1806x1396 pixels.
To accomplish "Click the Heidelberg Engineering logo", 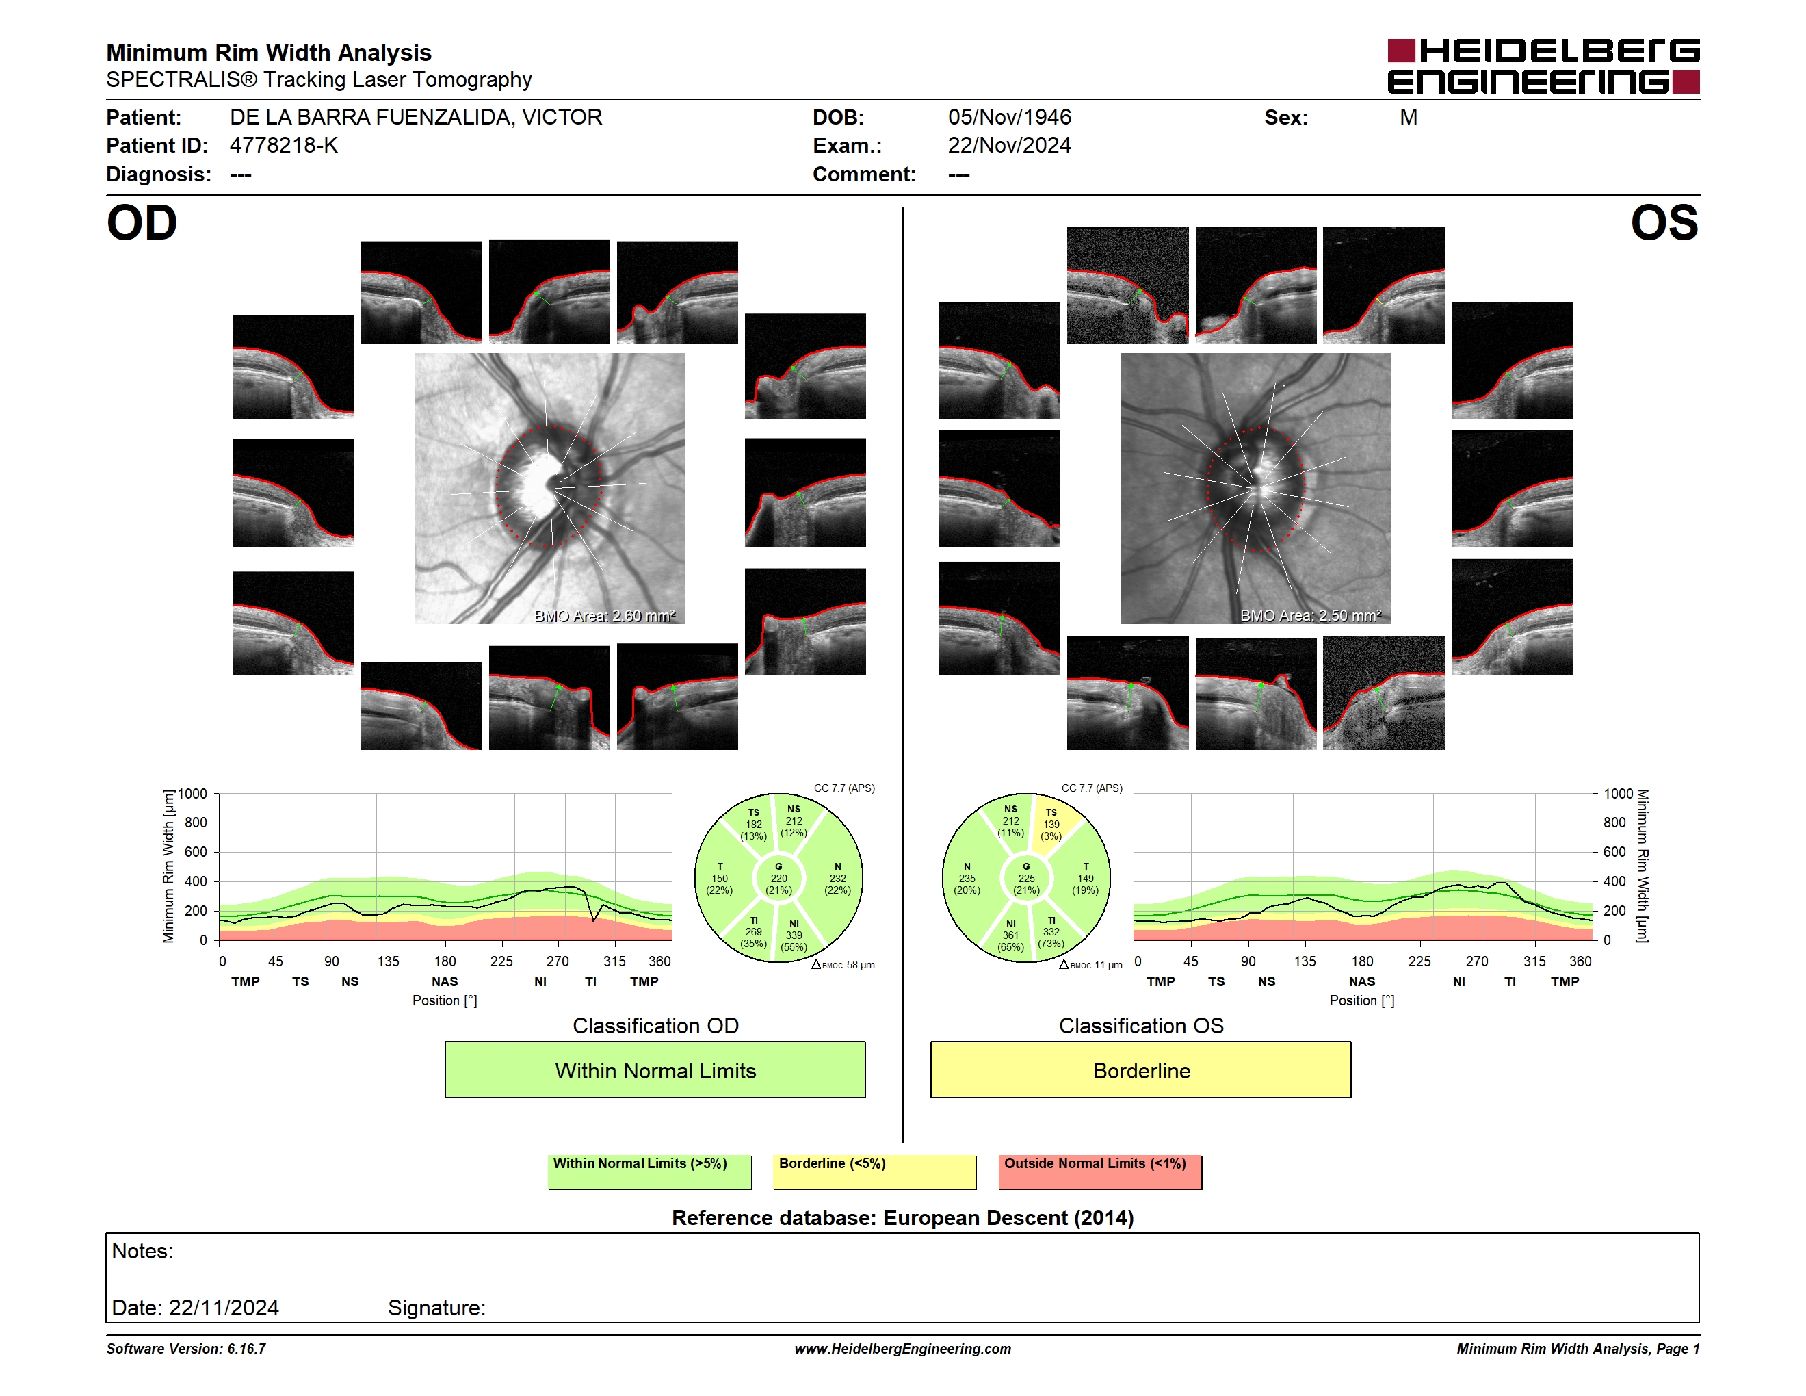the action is point(1543,66).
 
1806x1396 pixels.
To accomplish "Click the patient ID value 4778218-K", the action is point(284,146).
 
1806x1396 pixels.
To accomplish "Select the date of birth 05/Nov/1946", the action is point(1009,118).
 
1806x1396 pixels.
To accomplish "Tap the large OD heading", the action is point(142,223).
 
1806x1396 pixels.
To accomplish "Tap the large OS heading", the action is point(1664,223).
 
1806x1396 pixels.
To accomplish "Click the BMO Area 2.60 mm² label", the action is point(605,615).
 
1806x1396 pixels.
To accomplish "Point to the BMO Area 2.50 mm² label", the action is point(1311,615).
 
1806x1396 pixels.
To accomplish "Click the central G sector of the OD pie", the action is point(778,878).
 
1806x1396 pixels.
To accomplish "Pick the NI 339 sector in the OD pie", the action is point(795,935).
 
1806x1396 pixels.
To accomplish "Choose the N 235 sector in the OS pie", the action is point(967,878).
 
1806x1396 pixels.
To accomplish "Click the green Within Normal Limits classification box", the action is point(655,1070).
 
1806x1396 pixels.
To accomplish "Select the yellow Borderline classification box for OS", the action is point(1141,1070).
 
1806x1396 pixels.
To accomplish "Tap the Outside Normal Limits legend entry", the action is point(1100,1172).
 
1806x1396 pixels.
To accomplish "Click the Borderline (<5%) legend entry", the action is point(875,1172).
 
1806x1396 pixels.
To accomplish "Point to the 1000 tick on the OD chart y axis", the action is point(193,794).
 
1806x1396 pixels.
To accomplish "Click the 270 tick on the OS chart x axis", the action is point(1477,961).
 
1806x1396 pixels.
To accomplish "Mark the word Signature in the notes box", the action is point(436,1308).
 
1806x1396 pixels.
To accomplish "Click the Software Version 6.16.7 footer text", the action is point(186,1349).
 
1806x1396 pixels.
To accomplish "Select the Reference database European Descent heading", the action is point(903,1218).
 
